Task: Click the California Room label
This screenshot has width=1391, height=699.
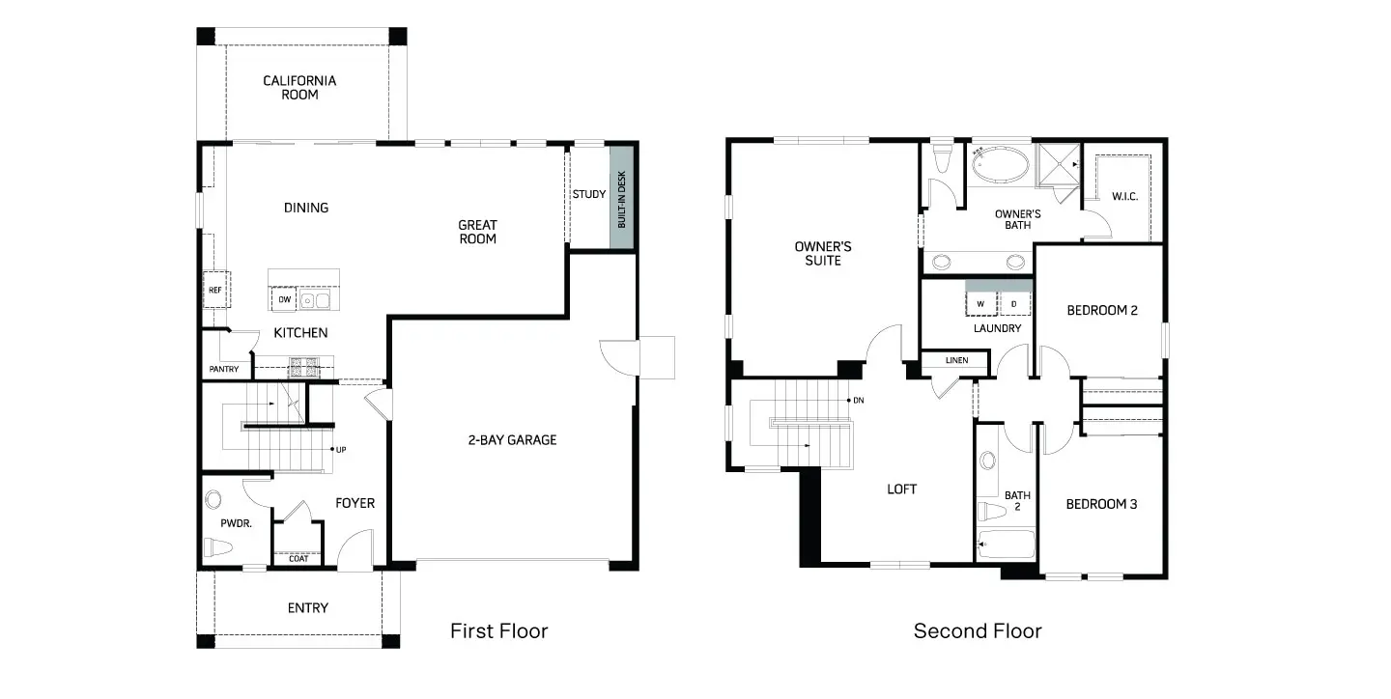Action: pyautogui.click(x=299, y=88)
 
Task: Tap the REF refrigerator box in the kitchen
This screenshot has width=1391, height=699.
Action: pyautogui.click(x=215, y=289)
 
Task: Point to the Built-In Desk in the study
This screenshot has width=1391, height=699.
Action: pyautogui.click(x=621, y=198)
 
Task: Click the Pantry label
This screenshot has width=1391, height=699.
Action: pyautogui.click(x=223, y=369)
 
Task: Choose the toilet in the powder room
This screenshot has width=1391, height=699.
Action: pyautogui.click(x=218, y=547)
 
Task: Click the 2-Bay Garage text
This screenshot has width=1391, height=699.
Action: pyautogui.click(x=512, y=440)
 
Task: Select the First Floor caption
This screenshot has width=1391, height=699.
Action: pyautogui.click(x=498, y=631)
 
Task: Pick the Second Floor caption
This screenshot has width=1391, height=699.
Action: pyautogui.click(x=978, y=631)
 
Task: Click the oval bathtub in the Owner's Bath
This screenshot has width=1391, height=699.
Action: pyautogui.click(x=1001, y=165)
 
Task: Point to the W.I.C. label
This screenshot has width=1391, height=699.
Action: pyautogui.click(x=1125, y=197)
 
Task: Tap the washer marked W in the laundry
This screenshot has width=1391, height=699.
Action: pyautogui.click(x=981, y=304)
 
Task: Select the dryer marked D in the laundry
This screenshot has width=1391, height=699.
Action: pyautogui.click(x=1014, y=304)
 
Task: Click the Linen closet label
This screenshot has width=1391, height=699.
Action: pyautogui.click(x=956, y=361)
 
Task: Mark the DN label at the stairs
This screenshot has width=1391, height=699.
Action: pyautogui.click(x=859, y=400)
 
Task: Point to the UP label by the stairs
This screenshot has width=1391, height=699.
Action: pyautogui.click(x=341, y=449)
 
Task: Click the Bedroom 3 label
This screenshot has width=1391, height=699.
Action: pyautogui.click(x=1102, y=504)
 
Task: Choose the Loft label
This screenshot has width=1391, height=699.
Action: pyautogui.click(x=902, y=489)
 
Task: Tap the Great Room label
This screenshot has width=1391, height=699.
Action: pyautogui.click(x=477, y=232)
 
